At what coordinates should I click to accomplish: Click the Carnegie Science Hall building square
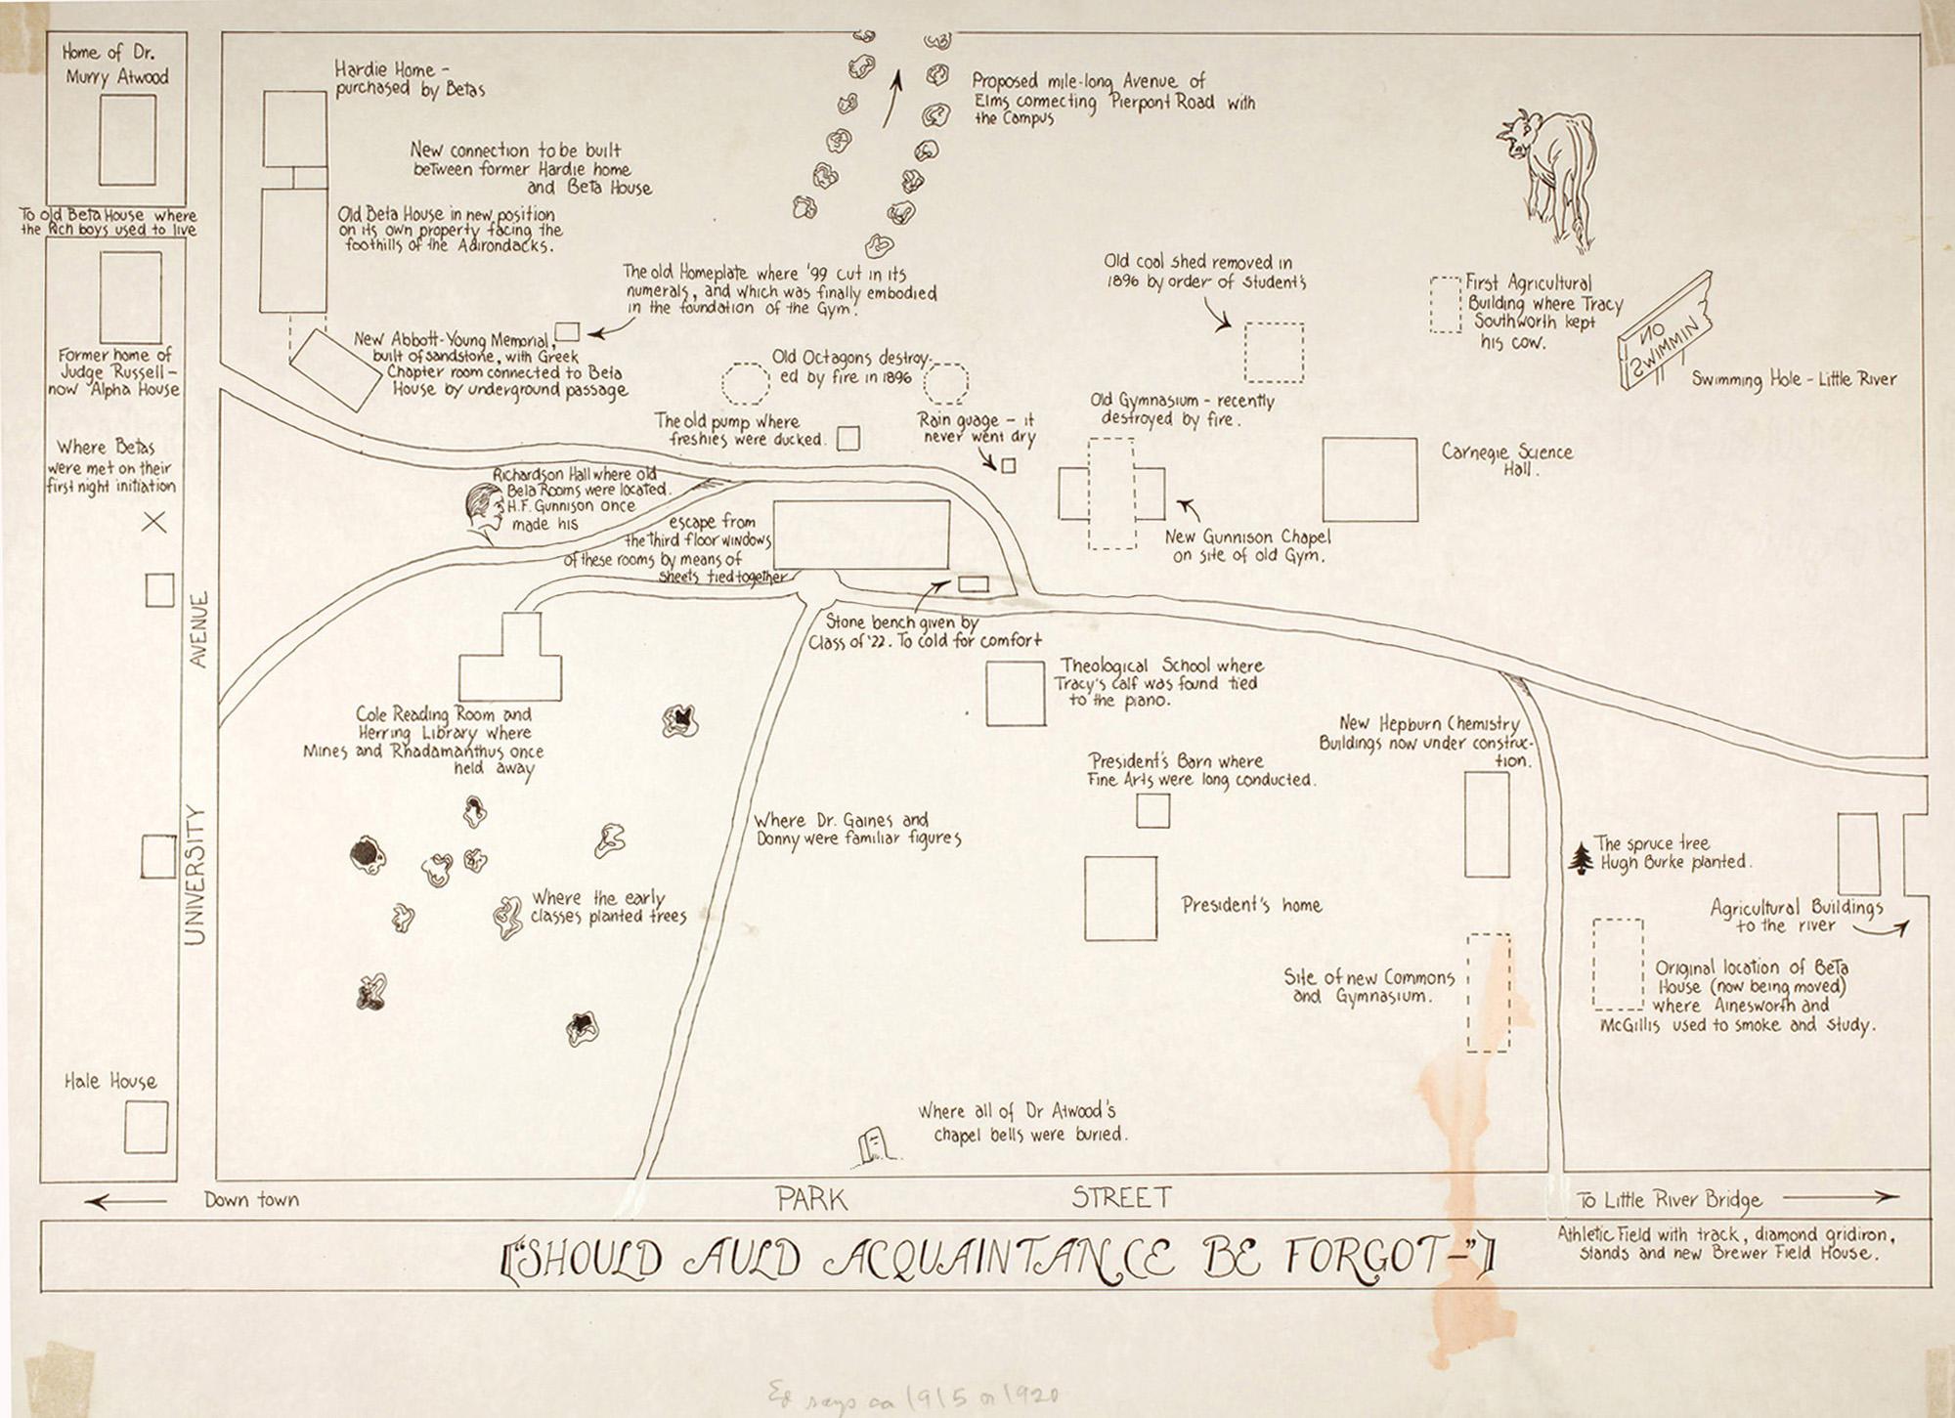coord(1369,480)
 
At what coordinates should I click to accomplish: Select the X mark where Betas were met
coord(154,523)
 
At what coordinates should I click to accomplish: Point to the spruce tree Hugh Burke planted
coord(1581,857)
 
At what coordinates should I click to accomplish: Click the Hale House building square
coord(146,1127)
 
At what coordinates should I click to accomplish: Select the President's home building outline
coord(1120,898)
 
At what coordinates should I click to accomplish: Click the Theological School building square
coord(1016,693)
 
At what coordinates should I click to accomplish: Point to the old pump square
coord(848,438)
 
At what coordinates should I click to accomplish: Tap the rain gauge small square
coord(1009,466)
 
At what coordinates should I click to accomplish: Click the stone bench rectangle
coord(973,584)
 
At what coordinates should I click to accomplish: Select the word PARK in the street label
coord(811,1199)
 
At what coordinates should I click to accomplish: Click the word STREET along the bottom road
coord(1121,1197)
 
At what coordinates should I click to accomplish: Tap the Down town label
coord(251,1200)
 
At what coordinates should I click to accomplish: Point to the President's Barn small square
coord(1153,811)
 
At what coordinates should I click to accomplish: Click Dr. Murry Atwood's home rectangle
coord(127,140)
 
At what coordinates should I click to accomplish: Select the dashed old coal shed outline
coord(1274,352)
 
